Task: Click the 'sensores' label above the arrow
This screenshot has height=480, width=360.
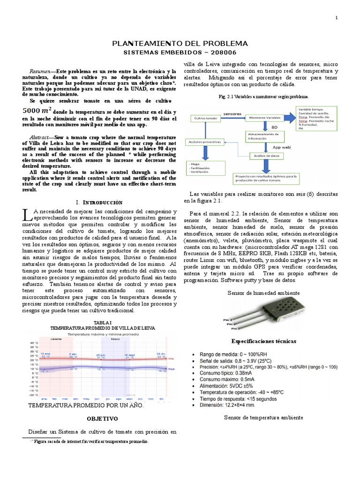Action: pos(232,113)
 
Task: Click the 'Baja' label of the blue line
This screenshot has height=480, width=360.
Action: pos(171,369)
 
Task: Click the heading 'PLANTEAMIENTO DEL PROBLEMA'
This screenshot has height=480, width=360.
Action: pos(180,44)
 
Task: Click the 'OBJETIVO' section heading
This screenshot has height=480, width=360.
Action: pos(103,418)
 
